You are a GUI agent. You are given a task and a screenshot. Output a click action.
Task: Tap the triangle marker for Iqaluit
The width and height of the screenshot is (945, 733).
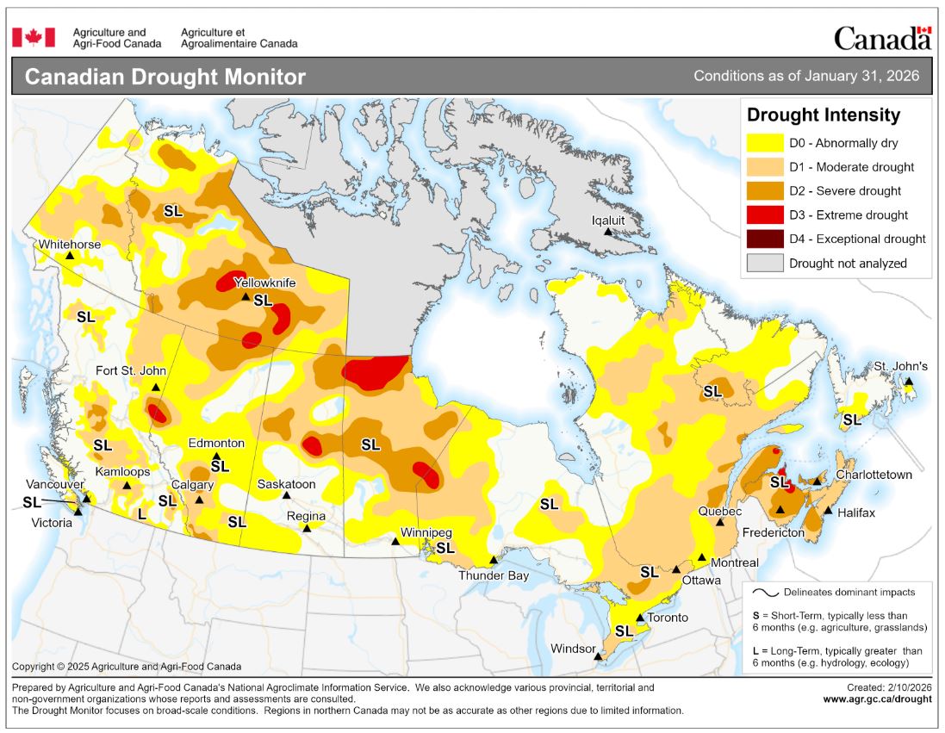pyautogui.click(x=607, y=232)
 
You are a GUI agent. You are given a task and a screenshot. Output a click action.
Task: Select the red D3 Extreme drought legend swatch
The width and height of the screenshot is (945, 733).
pyautogui.click(x=764, y=215)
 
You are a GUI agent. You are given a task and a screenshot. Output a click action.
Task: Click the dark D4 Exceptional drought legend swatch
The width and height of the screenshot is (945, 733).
pyautogui.click(x=764, y=239)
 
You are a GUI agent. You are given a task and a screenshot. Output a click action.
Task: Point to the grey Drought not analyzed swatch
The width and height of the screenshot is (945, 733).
pyautogui.click(x=764, y=264)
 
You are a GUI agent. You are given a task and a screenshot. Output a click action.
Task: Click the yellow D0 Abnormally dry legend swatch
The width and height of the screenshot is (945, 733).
pyautogui.click(x=764, y=143)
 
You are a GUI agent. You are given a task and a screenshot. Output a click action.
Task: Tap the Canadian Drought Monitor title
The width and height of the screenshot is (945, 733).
pyautogui.click(x=165, y=77)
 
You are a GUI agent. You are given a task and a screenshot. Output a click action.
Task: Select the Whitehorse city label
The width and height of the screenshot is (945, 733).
pyautogui.click(x=69, y=245)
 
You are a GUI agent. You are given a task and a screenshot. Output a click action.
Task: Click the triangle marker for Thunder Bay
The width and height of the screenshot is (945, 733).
pyautogui.click(x=493, y=560)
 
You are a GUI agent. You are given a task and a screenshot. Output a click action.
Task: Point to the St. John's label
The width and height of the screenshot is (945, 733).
pyautogui.click(x=900, y=366)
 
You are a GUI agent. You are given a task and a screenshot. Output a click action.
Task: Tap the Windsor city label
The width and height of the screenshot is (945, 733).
pyautogui.click(x=574, y=649)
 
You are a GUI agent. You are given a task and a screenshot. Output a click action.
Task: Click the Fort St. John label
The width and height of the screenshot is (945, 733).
pyautogui.click(x=131, y=371)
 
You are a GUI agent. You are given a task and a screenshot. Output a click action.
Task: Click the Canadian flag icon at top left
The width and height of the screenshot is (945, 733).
pyautogui.click(x=34, y=37)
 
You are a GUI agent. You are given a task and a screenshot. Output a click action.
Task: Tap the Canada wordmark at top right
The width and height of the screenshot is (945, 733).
pyautogui.click(x=882, y=38)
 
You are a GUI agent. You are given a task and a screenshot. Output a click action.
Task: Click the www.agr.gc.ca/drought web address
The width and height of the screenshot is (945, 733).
pyautogui.click(x=877, y=699)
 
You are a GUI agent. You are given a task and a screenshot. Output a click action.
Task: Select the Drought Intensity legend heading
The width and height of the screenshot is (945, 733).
pyautogui.click(x=823, y=115)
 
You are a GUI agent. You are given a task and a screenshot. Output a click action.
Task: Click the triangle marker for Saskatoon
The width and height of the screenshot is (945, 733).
pyautogui.click(x=287, y=496)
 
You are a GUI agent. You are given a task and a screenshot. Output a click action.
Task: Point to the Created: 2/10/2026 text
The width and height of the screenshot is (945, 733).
pyautogui.click(x=888, y=687)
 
